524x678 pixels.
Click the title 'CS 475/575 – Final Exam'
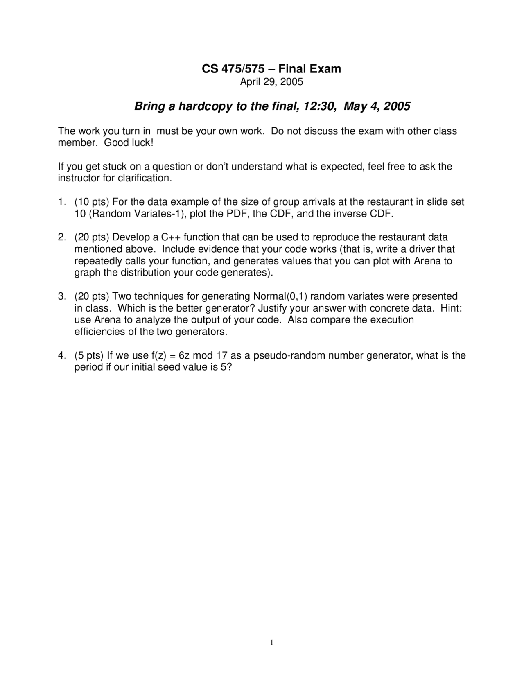[x=271, y=69]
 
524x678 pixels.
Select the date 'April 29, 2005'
[x=271, y=82]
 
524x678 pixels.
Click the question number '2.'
[x=62, y=237]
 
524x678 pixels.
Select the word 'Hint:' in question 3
[x=451, y=308]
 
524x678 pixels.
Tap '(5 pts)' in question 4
[x=89, y=355]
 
